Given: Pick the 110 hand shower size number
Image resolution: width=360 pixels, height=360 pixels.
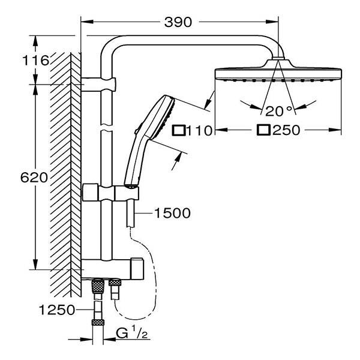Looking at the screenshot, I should tap(200, 130).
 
